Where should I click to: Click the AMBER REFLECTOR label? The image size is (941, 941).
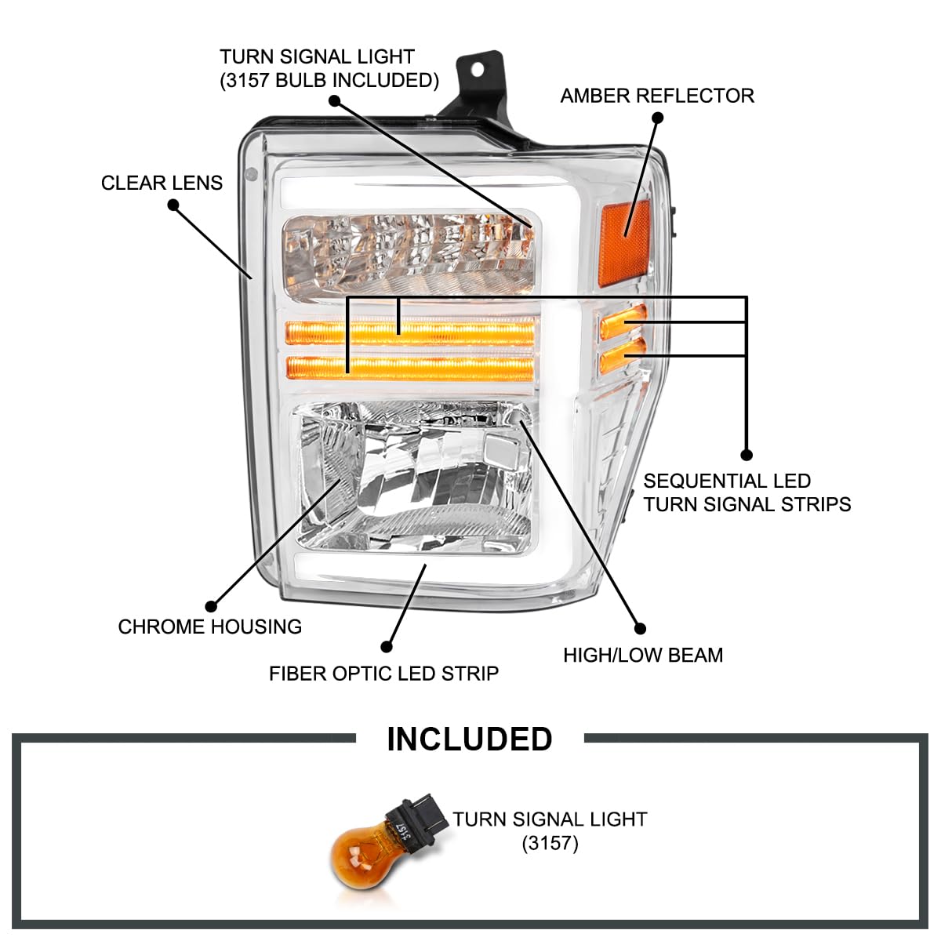(657, 96)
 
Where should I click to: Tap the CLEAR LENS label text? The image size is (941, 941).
(162, 183)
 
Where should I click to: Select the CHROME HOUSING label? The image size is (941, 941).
(210, 627)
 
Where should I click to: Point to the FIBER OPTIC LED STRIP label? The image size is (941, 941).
(383, 674)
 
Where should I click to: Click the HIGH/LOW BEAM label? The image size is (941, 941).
(643, 656)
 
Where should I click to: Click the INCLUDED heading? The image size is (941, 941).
(469, 739)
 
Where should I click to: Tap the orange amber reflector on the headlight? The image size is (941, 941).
(626, 243)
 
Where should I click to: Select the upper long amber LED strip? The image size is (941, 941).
(410, 333)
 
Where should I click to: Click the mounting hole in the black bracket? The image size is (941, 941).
(477, 70)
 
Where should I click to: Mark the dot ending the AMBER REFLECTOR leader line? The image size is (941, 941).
(658, 118)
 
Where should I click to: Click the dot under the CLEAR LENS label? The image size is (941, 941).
(173, 205)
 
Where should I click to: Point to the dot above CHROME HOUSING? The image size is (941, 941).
(211, 606)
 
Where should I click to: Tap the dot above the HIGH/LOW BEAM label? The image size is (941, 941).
(640, 628)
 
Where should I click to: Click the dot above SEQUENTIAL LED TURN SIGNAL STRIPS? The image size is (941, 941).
(747, 455)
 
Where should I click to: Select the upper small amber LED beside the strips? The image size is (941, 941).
(623, 322)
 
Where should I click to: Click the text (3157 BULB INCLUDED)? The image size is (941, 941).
(329, 81)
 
